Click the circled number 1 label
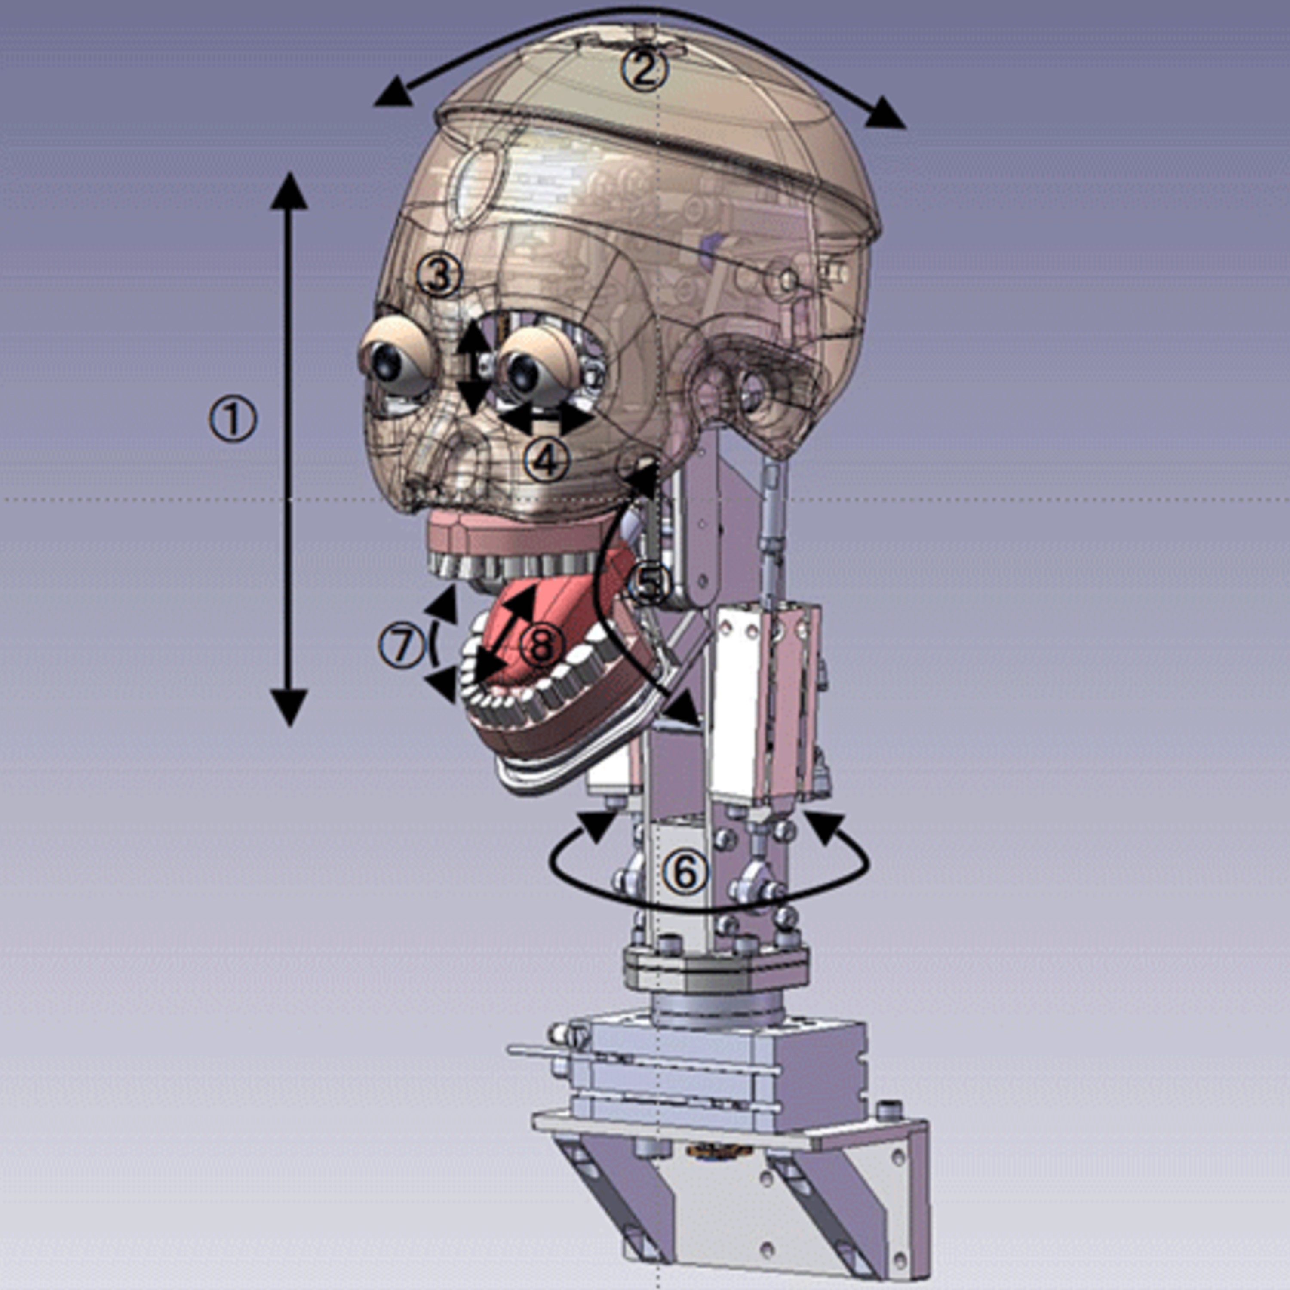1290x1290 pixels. [x=232, y=419]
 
